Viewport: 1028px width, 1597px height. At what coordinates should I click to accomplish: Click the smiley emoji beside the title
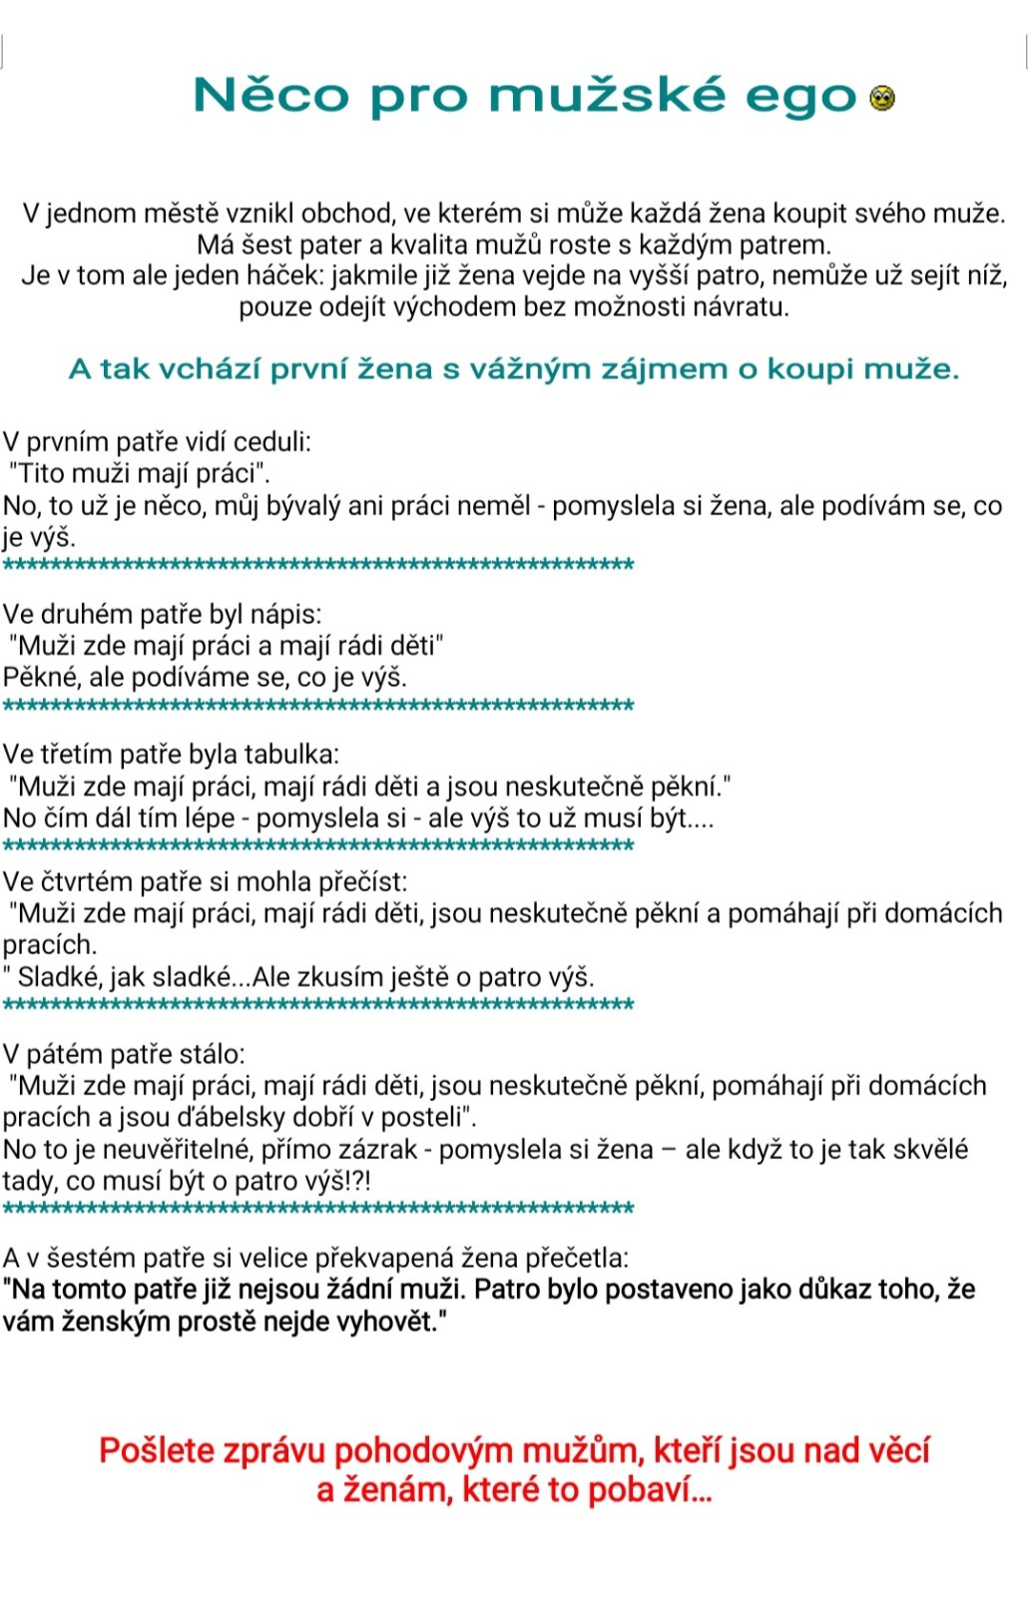(x=882, y=98)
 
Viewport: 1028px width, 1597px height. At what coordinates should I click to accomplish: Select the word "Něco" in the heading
(x=270, y=96)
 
